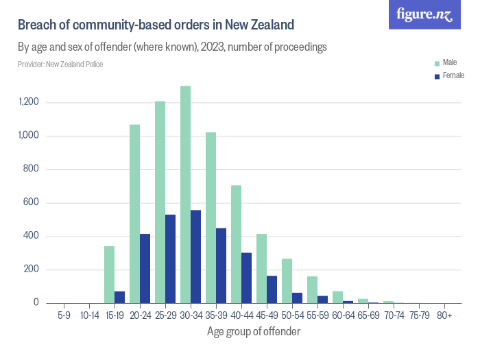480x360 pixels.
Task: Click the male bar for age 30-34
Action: (185, 195)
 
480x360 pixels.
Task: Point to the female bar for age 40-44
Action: (246, 278)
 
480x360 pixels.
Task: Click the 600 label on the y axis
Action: (32, 203)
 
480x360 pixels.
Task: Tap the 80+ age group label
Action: (444, 316)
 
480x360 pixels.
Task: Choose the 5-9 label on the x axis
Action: (64, 316)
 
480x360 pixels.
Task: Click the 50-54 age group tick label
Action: (292, 316)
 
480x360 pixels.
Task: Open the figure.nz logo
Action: (424, 14)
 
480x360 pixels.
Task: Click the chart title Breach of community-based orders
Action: (156, 25)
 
